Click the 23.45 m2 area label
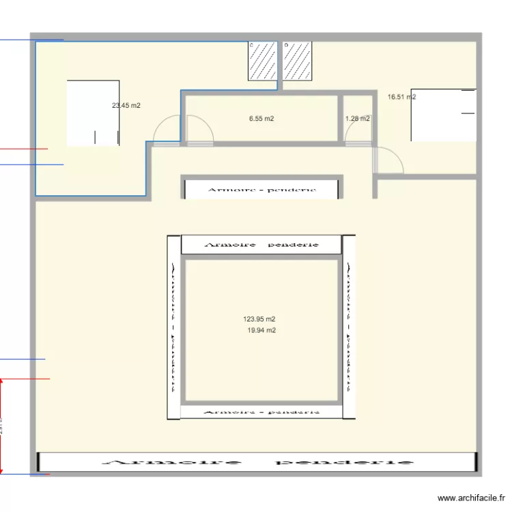pyautogui.click(x=126, y=106)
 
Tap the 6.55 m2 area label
pyautogui.click(x=261, y=119)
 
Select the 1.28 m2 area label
pyautogui.click(x=358, y=119)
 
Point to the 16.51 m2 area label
pyautogui.click(x=401, y=97)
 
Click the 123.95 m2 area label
pyautogui.click(x=259, y=319)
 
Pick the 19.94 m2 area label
pyautogui.click(x=261, y=330)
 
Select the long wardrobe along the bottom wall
pyautogui.click(x=256, y=462)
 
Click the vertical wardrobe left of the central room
pyautogui.click(x=173, y=326)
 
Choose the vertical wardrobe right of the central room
pyautogui.click(x=349, y=326)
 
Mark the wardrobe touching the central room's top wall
pyautogui.click(x=261, y=244)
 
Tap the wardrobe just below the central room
pyautogui.click(x=261, y=411)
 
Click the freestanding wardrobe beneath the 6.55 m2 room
pyautogui.click(x=261, y=188)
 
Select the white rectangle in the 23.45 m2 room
pyautogui.click(x=94, y=113)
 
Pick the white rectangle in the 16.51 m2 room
pyautogui.click(x=442, y=115)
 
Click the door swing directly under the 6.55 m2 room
pyautogui.click(x=199, y=132)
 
